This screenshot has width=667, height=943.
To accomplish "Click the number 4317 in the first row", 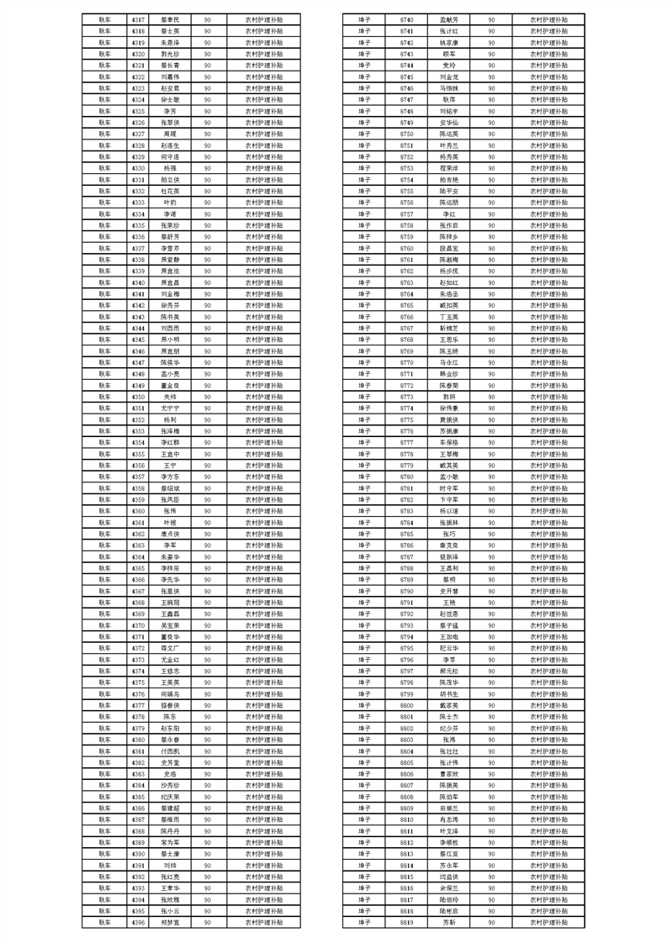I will point(139,18).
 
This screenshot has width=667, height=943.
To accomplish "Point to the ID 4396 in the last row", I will point(139,922).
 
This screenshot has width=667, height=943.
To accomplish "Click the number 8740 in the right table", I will point(407,18).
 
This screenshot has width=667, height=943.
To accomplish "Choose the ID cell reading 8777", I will point(407,442).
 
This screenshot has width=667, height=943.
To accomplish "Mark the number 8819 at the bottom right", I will point(407,922).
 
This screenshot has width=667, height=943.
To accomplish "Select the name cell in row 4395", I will point(170,911).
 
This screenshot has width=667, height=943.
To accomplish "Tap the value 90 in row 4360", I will point(207,511).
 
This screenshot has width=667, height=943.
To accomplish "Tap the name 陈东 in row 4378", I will point(170,717).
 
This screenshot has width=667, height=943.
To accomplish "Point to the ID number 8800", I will point(407,705).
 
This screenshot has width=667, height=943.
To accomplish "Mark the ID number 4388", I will point(139,831).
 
